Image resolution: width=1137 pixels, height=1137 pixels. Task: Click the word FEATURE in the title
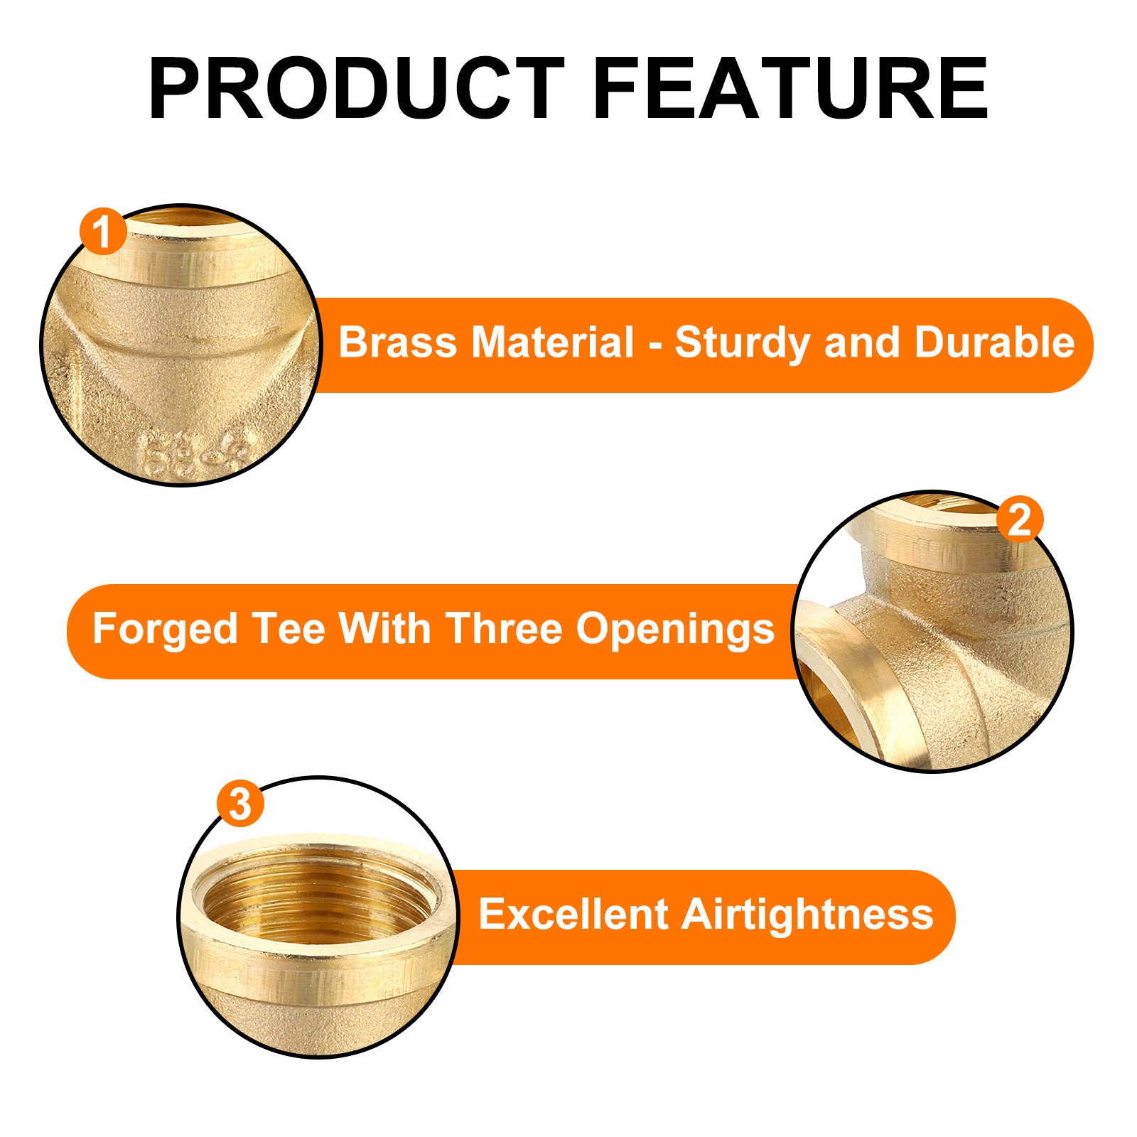pos(790,89)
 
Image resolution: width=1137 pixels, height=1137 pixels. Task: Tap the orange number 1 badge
pos(103,232)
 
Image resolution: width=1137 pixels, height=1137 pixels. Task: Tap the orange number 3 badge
pos(240,804)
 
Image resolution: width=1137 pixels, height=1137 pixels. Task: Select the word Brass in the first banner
pos(398,343)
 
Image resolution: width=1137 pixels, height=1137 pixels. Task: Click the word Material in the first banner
pos(552,343)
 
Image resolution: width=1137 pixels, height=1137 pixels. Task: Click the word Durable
pos(995,343)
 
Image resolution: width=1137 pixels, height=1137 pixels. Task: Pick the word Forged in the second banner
pos(165,630)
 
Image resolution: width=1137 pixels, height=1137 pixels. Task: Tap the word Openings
pos(675,630)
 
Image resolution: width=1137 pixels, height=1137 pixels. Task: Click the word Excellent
pos(572,914)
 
